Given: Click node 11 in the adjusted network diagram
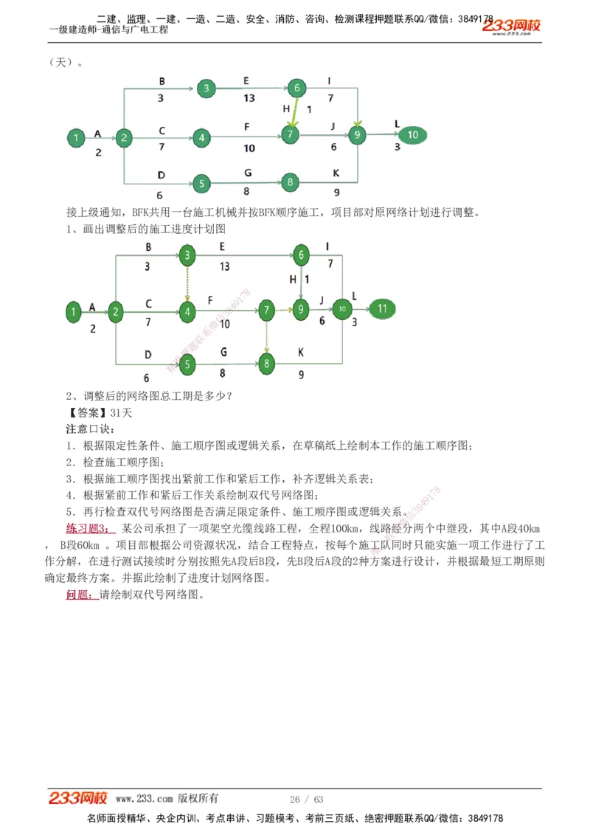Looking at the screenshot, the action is [x=382, y=309].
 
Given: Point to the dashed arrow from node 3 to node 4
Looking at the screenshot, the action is [x=188, y=284].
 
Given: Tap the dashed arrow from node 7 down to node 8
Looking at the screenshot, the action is [x=266, y=336].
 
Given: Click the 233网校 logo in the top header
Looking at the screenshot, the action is [x=511, y=26].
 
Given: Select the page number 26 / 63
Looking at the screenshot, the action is [x=307, y=800].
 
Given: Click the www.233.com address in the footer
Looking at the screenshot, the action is [x=144, y=799].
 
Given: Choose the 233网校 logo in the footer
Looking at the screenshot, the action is [x=78, y=798].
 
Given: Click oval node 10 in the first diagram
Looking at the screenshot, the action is [x=413, y=135].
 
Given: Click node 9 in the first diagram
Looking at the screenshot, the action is [x=357, y=135].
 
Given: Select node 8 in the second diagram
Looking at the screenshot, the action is [x=266, y=363].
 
